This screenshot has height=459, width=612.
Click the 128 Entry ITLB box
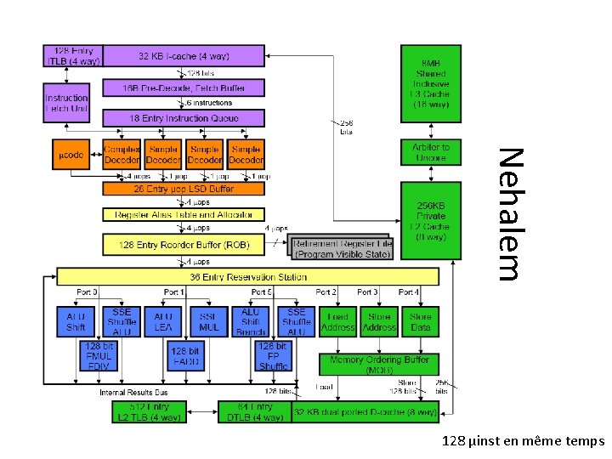click(x=72, y=56)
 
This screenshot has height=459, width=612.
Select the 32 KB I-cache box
click(x=184, y=56)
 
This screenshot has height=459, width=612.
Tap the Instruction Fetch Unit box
click(x=66, y=104)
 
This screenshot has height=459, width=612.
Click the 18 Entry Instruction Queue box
click(x=184, y=119)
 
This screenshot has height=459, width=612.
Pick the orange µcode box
click(x=71, y=156)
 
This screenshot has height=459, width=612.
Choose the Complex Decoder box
click(x=122, y=155)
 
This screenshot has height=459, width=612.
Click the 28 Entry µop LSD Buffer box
click(x=184, y=189)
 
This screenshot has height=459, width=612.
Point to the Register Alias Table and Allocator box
click(x=184, y=215)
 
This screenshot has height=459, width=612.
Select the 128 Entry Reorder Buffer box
click(x=184, y=244)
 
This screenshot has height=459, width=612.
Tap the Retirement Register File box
click(x=342, y=247)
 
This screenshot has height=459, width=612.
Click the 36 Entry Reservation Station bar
click(x=247, y=277)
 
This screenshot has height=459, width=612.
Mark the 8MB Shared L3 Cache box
click(x=431, y=83)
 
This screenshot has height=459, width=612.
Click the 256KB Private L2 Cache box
click(x=431, y=221)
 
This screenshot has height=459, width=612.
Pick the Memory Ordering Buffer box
click(x=379, y=365)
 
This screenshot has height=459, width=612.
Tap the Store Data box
click(x=422, y=321)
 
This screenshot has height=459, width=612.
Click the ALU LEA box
click(x=163, y=321)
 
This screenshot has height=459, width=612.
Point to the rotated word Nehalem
click(x=508, y=213)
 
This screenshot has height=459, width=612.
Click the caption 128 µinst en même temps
click(x=523, y=441)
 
